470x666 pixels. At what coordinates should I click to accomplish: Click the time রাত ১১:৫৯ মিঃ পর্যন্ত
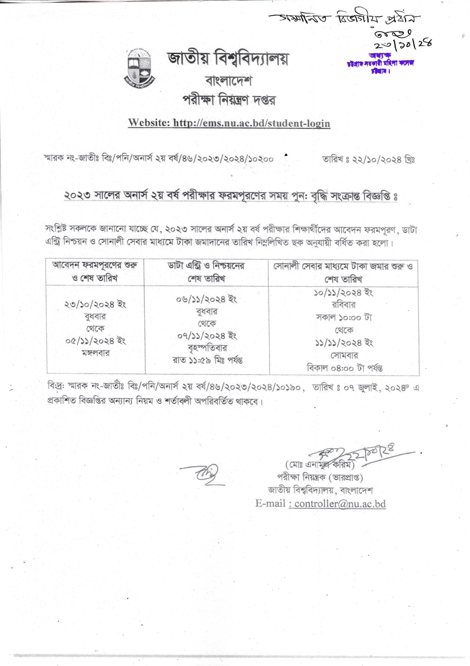point(208,360)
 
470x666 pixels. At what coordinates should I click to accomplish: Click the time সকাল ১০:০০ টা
point(344,317)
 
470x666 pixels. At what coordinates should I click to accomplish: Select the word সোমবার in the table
point(344,355)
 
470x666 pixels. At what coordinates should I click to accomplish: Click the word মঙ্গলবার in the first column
point(96,353)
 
